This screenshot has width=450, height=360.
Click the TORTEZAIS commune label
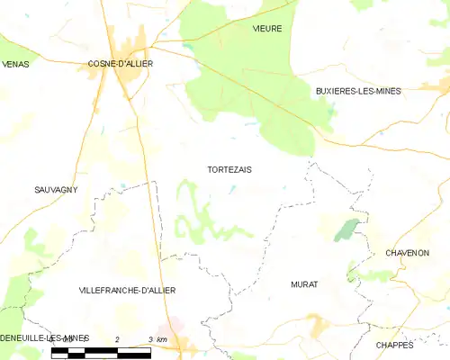(x=229, y=169)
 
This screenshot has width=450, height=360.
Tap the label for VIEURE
(x=267, y=29)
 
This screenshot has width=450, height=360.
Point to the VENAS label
(x=15, y=64)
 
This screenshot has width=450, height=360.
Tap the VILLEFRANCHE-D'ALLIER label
(x=127, y=290)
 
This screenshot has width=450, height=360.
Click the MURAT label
(x=304, y=283)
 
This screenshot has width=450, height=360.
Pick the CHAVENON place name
(x=407, y=253)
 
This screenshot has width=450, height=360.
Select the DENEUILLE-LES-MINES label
(x=44, y=337)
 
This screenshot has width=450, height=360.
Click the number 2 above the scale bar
(x=117, y=338)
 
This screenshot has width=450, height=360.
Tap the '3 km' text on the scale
(x=157, y=338)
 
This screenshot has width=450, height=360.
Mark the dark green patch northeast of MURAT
(x=346, y=230)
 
